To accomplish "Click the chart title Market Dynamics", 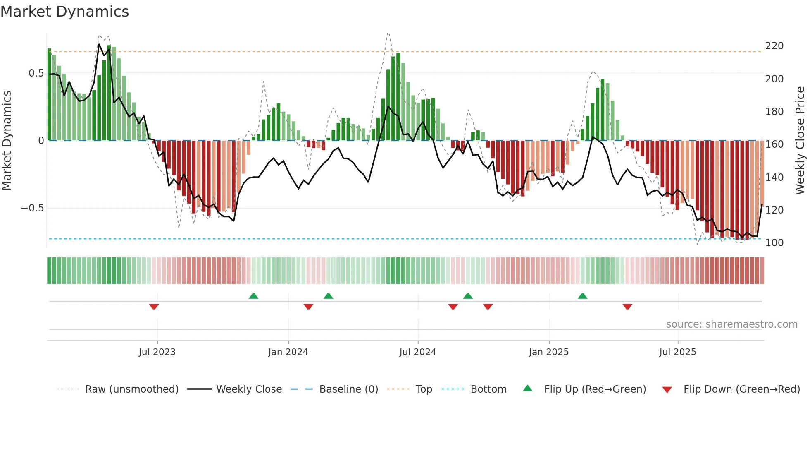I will coord(64,12).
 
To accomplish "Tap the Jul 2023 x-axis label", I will coord(157,352).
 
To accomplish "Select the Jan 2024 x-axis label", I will coord(288,352).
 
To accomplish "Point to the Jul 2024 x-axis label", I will coord(417,352).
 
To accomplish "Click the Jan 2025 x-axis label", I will coord(548,352).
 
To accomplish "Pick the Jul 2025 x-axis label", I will coord(677,352).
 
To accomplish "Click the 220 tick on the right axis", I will coord(774,46).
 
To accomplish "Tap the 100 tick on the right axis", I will coord(774,243).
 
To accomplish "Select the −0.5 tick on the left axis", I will coord(33,208).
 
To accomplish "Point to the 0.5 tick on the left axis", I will coord(36,73).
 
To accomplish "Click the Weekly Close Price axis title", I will coord(800,141).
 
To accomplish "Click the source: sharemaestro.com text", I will coord(731,324).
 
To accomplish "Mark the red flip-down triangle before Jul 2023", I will coord(154,307).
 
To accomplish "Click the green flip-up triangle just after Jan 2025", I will coord(582,296).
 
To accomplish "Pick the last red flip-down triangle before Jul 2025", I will coord(627,307).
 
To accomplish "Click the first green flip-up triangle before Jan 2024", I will coord(253,296).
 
